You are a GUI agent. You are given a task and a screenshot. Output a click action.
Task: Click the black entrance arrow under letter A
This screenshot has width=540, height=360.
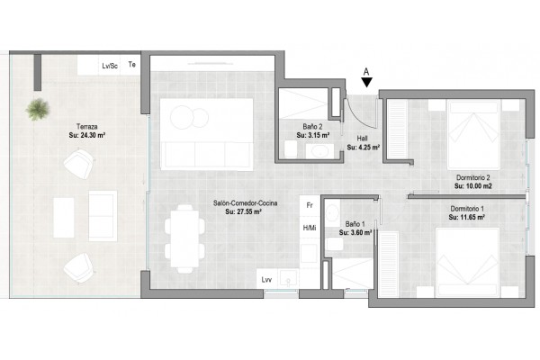coord(367,82)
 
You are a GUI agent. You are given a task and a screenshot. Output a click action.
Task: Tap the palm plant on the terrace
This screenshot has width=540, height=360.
coord(38,110)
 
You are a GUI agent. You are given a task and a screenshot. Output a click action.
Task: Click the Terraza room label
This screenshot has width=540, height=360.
coord(86,126)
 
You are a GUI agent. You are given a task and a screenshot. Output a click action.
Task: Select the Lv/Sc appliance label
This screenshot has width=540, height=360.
coord(110,66)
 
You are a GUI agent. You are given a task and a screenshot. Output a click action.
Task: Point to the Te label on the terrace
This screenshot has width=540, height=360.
coord(132,65)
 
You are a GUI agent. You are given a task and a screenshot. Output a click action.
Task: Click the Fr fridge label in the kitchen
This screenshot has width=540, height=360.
coord(310,205)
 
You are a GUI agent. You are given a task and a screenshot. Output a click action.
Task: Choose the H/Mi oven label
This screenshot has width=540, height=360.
coord(310,228)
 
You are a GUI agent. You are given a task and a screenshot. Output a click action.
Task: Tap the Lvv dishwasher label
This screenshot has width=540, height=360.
coord(266,280)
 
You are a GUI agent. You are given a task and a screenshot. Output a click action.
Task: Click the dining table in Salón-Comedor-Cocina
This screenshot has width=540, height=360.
coord(184,238)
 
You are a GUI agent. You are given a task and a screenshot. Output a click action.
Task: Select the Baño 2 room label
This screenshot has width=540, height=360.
coord(312,127)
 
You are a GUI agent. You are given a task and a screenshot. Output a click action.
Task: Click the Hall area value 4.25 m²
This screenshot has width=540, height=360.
coord(364,148)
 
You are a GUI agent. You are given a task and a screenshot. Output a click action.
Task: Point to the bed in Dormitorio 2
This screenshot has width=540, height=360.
coord(473,135)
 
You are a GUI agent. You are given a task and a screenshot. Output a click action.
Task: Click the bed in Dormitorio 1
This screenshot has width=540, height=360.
coord(467,263)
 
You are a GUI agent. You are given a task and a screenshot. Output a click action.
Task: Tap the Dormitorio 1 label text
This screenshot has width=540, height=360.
coord(467,209)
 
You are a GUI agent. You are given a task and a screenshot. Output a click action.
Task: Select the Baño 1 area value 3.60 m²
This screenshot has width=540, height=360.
coord(355,233)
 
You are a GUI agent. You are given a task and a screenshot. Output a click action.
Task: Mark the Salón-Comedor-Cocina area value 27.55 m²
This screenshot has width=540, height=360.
coord(243,211)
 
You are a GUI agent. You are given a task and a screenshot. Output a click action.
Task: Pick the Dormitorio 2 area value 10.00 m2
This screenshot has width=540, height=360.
coord(473,186)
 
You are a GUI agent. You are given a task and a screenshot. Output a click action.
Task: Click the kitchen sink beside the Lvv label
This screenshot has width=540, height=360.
coord(289,278)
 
